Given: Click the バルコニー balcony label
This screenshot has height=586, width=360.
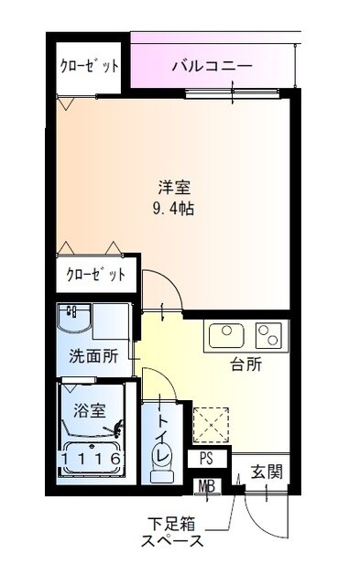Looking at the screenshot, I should point(212,66).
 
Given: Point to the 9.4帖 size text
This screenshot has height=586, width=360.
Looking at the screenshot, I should point(174,209).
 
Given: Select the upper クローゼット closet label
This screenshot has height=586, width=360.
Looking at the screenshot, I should point(90,65).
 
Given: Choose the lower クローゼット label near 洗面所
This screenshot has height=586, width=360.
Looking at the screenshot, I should point(94,275).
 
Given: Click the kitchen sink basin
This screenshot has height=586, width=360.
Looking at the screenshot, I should point(226,335).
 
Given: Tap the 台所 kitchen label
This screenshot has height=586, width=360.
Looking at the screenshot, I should point(246,364).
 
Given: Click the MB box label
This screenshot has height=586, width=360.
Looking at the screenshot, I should point(207,486).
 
